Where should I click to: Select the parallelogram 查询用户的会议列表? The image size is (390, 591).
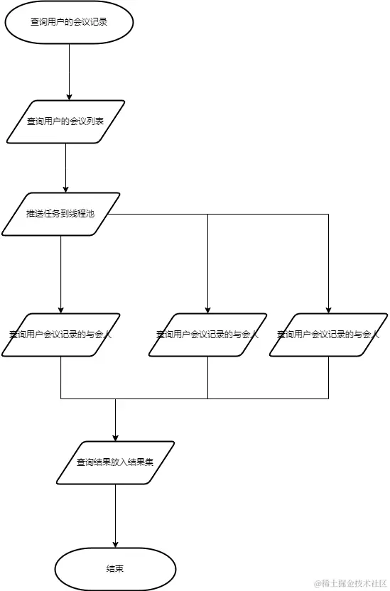(x=65, y=121)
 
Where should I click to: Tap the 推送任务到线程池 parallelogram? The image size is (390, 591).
(x=61, y=214)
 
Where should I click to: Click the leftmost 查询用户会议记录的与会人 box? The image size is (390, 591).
(x=61, y=334)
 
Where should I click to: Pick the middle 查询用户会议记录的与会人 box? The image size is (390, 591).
(x=207, y=334)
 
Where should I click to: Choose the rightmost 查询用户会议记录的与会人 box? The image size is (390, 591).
(x=328, y=334)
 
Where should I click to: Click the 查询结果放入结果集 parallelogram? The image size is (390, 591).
(x=115, y=462)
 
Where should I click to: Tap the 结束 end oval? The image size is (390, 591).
(x=115, y=569)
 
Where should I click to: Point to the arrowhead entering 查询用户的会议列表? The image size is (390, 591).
(x=70, y=96)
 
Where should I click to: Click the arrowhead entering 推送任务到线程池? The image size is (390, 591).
(x=65, y=188)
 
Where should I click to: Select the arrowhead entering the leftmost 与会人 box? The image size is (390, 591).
(x=61, y=309)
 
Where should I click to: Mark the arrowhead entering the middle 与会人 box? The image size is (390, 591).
(x=207, y=309)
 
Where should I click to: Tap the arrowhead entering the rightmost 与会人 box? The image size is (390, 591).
(x=328, y=309)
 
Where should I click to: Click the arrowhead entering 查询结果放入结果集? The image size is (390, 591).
(x=115, y=437)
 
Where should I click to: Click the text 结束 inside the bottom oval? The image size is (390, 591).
(x=115, y=569)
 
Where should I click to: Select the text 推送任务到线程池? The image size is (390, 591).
(x=60, y=214)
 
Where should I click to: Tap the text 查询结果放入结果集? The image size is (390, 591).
(x=115, y=462)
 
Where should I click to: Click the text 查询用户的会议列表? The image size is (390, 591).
(x=65, y=121)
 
